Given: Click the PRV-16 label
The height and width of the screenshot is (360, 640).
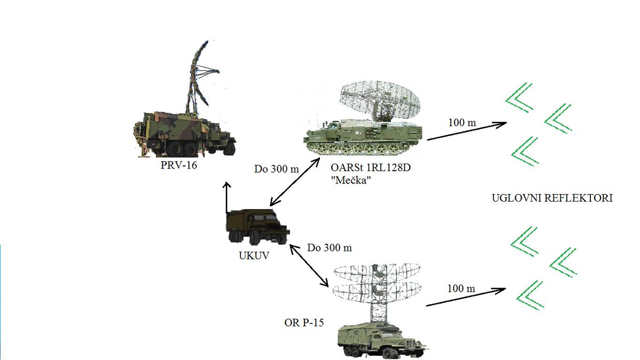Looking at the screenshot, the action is (x=178, y=165).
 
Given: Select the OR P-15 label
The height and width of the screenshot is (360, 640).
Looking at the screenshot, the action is (x=305, y=323).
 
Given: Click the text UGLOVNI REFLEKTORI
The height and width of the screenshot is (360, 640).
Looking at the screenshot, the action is (x=551, y=198).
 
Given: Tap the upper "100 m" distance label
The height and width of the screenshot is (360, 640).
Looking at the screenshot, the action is (x=462, y=123).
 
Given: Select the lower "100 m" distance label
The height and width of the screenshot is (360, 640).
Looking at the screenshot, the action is (x=462, y=289).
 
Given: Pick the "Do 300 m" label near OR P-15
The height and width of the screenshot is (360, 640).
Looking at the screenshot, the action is (x=330, y=249).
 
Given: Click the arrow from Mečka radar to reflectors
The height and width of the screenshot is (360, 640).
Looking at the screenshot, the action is (x=467, y=132).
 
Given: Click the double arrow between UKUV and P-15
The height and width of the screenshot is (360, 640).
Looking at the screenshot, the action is (x=309, y=266).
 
